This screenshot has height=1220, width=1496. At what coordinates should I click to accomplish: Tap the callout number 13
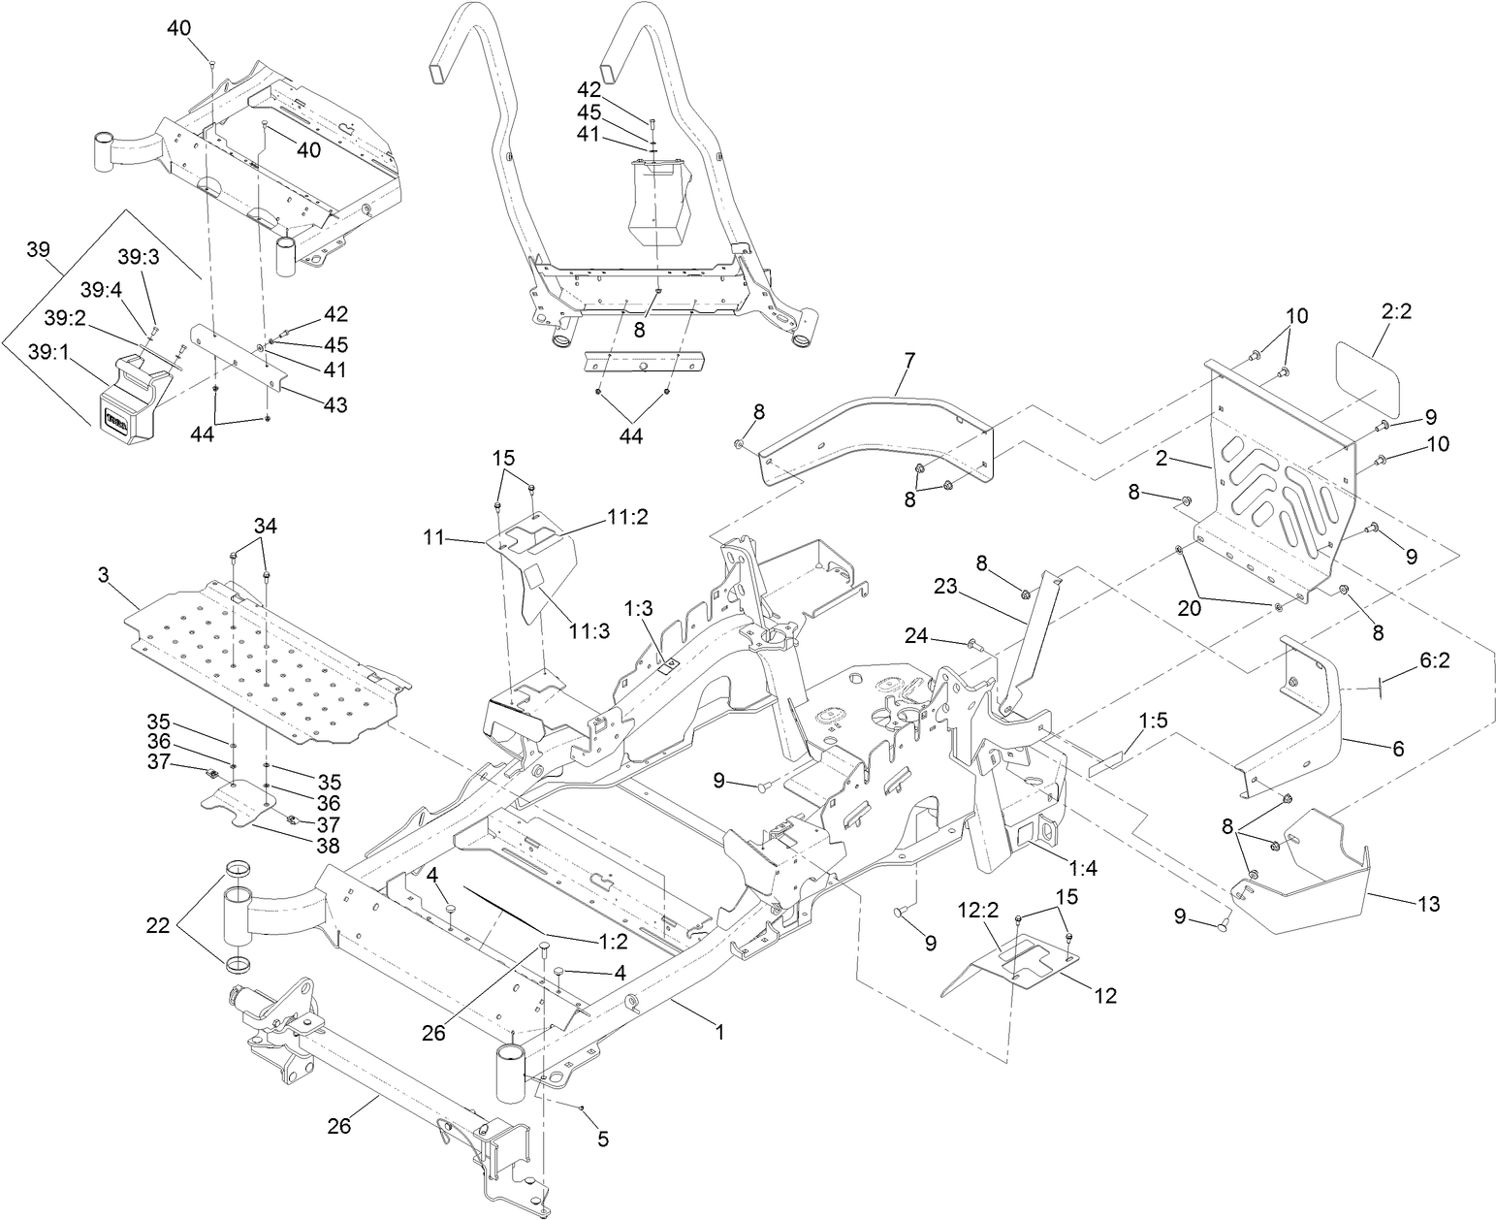(1427, 904)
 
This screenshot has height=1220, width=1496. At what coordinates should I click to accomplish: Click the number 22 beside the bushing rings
(158, 926)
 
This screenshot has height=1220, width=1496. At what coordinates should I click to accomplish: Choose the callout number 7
(908, 360)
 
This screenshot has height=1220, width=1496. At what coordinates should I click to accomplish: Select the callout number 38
(328, 845)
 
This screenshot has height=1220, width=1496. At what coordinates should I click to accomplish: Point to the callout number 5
(603, 1140)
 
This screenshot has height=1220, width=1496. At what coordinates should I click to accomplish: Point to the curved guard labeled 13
(1309, 873)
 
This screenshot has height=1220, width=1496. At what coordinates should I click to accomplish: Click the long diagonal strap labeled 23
(1028, 640)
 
